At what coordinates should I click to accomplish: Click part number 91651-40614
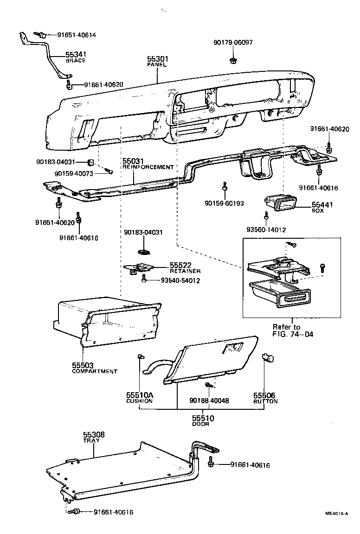[x=77, y=35]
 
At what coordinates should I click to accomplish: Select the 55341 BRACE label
[x=76, y=57]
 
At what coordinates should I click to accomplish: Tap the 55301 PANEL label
[x=157, y=62]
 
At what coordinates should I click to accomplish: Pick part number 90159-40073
[x=74, y=173]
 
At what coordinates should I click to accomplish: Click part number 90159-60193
[x=224, y=203]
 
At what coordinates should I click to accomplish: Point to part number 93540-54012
[x=180, y=280]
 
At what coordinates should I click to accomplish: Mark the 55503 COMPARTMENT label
[x=94, y=368]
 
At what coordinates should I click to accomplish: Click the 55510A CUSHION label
[x=139, y=398]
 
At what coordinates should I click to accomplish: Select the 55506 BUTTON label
[x=265, y=398]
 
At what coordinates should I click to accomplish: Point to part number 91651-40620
[x=54, y=222]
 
